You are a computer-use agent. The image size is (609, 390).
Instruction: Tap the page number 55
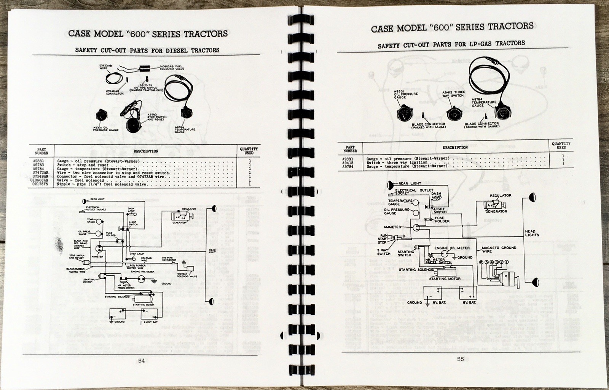[x=461, y=359]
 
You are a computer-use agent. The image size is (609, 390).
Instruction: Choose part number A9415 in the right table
[x=349, y=162]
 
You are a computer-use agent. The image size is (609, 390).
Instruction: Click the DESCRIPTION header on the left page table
[x=145, y=151]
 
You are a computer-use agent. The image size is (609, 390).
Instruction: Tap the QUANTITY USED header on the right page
[x=561, y=145]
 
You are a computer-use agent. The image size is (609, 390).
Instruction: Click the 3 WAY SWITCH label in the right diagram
[x=383, y=251]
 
